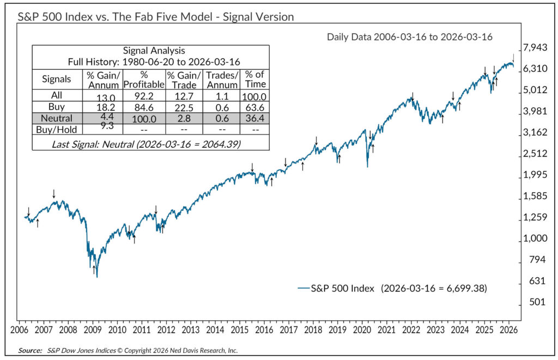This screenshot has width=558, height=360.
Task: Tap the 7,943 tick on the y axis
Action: (534, 48)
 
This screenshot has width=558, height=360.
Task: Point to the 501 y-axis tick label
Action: (534, 302)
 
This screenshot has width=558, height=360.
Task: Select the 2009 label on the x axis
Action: (92, 330)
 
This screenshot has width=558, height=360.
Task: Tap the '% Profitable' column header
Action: (144, 79)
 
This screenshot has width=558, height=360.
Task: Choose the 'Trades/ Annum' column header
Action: (222, 79)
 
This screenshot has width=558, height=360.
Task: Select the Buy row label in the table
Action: (57, 106)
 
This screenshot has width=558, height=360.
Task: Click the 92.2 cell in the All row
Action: (144, 95)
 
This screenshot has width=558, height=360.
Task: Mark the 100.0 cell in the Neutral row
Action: (144, 118)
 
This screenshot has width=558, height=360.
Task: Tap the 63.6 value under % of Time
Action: (255, 106)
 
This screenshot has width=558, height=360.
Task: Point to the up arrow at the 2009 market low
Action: (94, 269)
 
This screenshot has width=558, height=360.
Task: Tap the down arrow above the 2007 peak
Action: (53, 193)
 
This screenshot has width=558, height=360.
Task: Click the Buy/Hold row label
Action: (57, 130)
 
